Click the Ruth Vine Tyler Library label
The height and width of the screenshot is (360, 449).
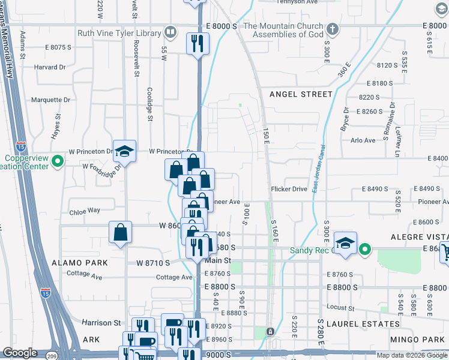pos(119,34)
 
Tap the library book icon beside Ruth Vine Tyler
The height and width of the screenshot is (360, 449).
pos(170,32)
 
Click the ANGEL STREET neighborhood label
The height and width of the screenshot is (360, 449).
pos(301,94)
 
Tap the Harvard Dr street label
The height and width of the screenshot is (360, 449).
pos(50,67)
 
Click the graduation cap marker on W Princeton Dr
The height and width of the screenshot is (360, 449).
pos(124,151)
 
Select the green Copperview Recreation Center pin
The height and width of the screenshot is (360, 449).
pos(57,161)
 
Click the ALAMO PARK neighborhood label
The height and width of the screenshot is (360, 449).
pos(80,263)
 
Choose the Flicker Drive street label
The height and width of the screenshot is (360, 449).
pos(288,189)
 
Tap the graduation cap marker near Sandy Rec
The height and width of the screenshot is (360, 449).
pos(345,243)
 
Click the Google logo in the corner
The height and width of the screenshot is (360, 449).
pos(20,353)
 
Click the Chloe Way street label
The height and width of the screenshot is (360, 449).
pos(85,211)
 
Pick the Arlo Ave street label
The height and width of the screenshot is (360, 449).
pos(363,140)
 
